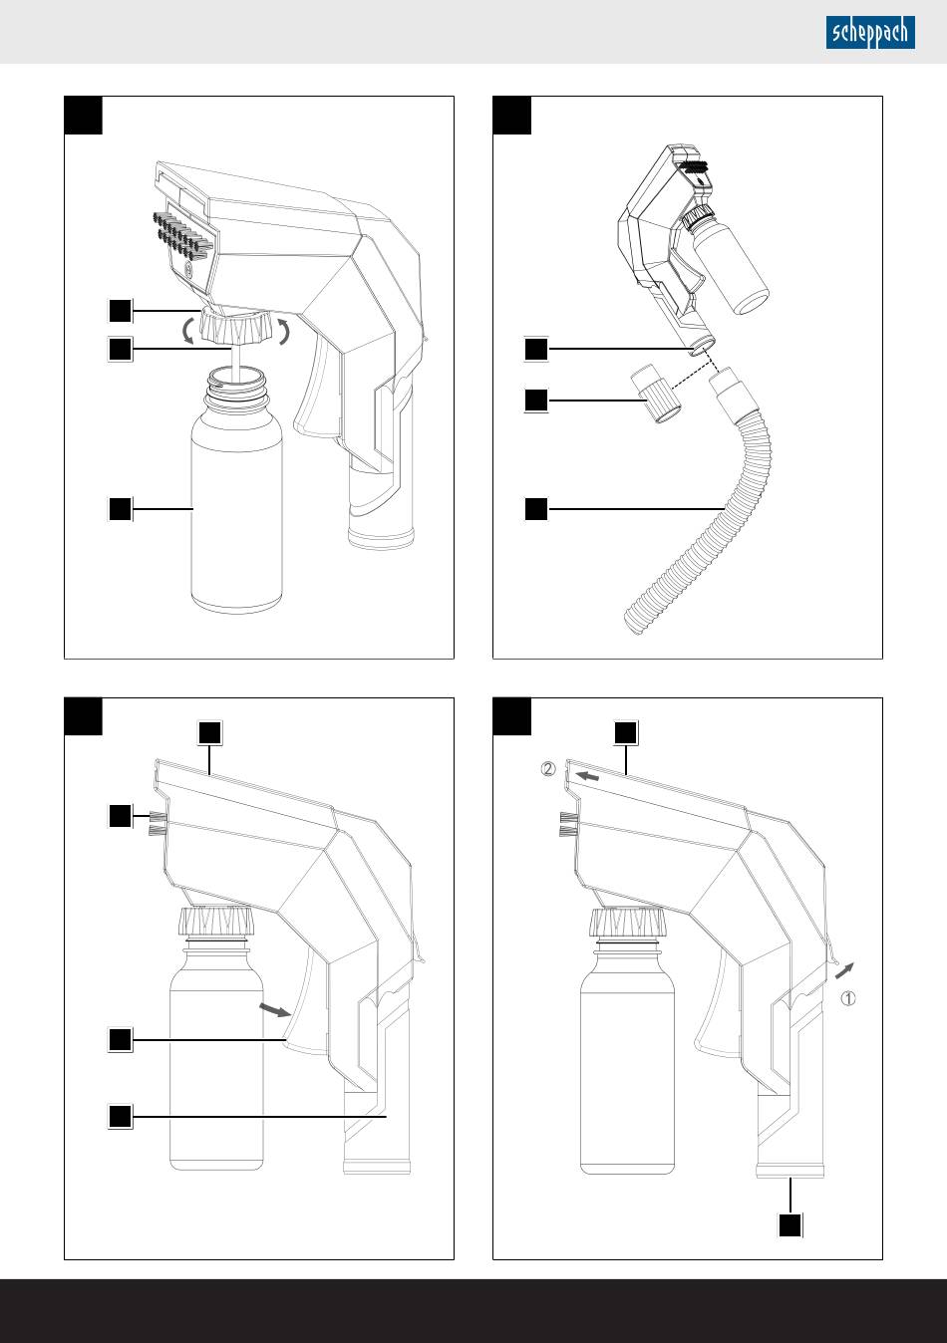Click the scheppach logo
pos(870,32)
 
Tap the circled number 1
pos(847,998)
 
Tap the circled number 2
pos(548,768)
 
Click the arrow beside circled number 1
pos(844,970)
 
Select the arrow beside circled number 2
pos(587,776)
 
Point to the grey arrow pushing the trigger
pos(275,1009)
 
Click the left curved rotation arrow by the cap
pos(189,331)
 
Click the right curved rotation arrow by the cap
pos(283,331)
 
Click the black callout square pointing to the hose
pos(536,509)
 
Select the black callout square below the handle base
pos(789,1224)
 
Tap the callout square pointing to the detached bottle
pos(120,509)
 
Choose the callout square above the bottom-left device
pos(210,732)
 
